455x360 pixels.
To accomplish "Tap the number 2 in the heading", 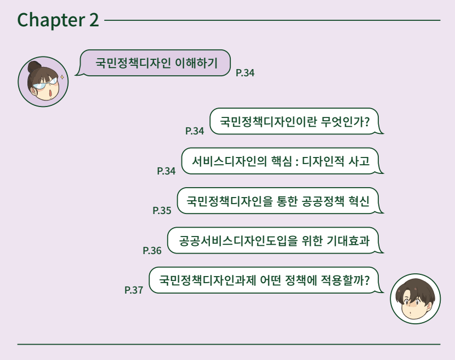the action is pos(93,20).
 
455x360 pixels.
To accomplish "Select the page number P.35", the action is pos(162,210).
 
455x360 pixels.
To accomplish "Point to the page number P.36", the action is pos(152,250).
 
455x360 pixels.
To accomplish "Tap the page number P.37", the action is pos(134,290).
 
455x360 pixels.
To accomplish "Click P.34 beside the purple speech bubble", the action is pos(245,72).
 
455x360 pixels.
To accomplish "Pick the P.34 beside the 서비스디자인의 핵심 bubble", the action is pos(166,171).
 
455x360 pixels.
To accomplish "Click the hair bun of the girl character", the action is pos(35,66).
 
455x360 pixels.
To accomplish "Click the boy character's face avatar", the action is pos(415,300).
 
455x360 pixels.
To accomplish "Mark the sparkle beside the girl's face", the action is pos(62,77).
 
